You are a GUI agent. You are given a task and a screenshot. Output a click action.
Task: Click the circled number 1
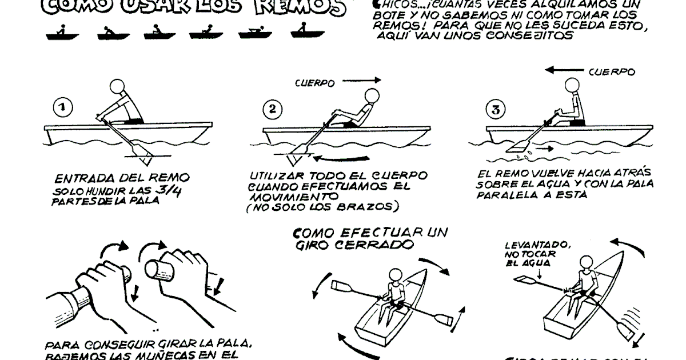coord(62,107)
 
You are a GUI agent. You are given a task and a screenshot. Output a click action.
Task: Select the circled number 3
coord(495,109)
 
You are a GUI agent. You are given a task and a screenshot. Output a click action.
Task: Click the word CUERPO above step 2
coord(315,83)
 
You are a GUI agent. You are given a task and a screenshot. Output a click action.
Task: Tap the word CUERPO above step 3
coord(611,73)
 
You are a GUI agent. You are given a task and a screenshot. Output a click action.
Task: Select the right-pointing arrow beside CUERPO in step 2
coord(362,81)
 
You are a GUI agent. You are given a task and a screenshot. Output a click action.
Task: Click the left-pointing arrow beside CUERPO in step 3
coord(564,70)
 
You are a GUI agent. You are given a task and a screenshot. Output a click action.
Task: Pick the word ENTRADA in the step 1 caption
coord(85,178)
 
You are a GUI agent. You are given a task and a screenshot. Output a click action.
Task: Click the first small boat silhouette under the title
coord(62,34)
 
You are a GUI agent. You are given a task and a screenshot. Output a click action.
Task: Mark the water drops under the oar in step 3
coord(521,155)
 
